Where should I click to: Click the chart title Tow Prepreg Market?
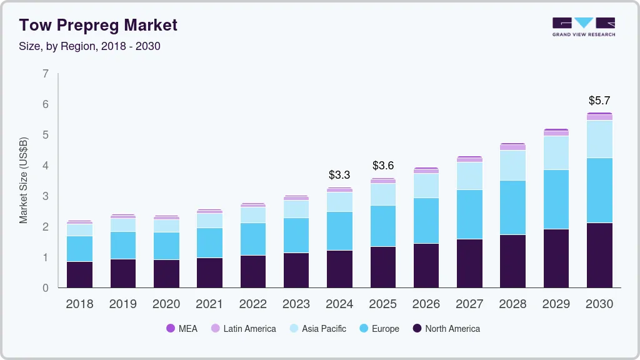(98, 25)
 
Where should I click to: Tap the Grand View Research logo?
(583, 27)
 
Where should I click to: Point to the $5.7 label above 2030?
(599, 100)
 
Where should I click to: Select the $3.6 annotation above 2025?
(382, 166)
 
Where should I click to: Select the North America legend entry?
(446, 328)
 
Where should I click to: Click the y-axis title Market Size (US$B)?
(24, 180)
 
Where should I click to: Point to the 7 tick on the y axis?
(45, 74)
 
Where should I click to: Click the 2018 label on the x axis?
(79, 304)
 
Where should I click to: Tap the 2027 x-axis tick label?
(469, 304)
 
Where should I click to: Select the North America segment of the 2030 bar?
(599, 255)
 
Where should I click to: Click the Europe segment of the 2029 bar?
(556, 199)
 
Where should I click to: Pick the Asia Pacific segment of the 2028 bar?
(512, 166)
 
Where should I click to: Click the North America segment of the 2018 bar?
(79, 274)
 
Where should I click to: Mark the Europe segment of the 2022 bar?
(252, 239)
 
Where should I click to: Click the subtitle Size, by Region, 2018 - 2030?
(89, 46)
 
